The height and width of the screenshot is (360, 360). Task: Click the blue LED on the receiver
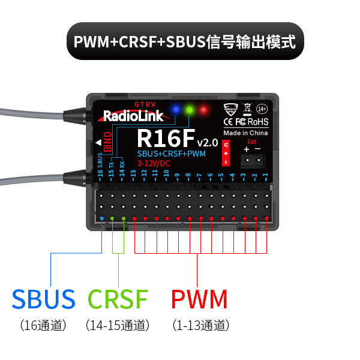[x=175, y=110]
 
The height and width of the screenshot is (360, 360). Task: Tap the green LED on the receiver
[x=190, y=110]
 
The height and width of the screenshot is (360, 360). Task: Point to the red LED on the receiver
[x=204, y=110]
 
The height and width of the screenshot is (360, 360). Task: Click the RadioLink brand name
[x=133, y=115]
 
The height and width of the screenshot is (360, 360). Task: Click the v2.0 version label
[x=207, y=142]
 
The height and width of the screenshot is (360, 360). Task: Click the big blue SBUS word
[x=44, y=299]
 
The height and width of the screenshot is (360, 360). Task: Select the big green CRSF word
[x=118, y=299]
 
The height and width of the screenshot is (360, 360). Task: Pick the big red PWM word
[x=199, y=299]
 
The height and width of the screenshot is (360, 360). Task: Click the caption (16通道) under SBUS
[x=43, y=326]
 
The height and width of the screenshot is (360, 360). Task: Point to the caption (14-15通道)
[x=118, y=326]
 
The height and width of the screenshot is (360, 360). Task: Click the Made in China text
[x=245, y=133]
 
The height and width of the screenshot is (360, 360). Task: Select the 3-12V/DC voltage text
[x=154, y=163]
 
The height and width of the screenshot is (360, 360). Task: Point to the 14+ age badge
[x=262, y=109]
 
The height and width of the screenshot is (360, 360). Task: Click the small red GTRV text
[x=145, y=104]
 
